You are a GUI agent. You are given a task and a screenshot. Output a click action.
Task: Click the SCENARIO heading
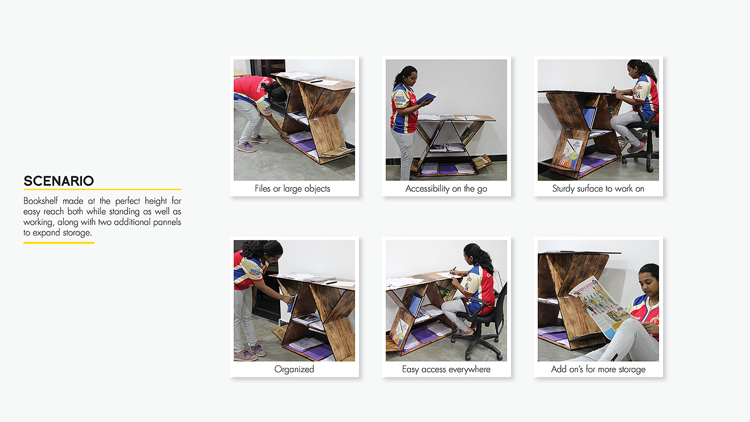tap(58, 181)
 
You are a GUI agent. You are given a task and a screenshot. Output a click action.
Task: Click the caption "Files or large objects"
tap(292, 189)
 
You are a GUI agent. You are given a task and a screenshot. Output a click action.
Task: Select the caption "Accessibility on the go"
tap(446, 189)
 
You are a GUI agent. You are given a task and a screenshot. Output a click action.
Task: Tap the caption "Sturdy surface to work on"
tap(598, 189)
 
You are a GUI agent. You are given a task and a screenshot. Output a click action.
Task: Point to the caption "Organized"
tap(294, 369)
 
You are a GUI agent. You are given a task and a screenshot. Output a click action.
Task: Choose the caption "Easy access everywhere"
tap(446, 370)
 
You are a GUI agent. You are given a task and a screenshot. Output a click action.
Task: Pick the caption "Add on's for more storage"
tap(598, 370)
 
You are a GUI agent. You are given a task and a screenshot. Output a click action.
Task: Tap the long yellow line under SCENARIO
tap(102, 190)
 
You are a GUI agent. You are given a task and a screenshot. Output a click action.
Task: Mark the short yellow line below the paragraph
tap(58, 243)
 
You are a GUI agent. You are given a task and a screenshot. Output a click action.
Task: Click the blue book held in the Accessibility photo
tap(426, 97)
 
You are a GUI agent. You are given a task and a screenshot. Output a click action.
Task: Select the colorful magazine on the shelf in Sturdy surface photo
tap(571, 153)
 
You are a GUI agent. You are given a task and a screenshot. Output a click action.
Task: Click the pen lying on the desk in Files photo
tap(316, 81)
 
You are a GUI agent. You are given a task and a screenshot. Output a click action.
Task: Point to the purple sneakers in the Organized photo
tap(250, 353)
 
